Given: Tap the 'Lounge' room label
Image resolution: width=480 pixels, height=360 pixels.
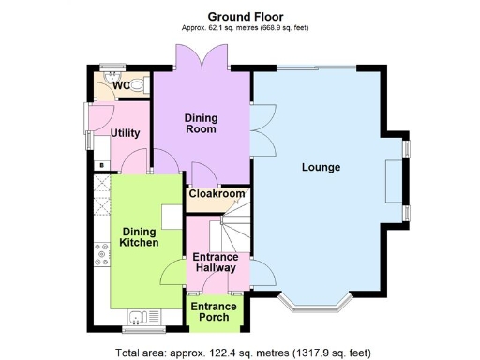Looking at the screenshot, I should (x=320, y=168).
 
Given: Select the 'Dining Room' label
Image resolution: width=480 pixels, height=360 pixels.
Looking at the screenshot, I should (x=200, y=123).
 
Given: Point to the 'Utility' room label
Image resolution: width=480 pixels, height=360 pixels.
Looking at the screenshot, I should (x=125, y=133).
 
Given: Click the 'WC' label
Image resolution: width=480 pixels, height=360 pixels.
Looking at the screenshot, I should (x=120, y=86).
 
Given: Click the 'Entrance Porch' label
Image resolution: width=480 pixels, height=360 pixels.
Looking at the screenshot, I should (x=214, y=311).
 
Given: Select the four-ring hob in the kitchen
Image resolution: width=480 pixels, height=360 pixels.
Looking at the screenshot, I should (x=100, y=253).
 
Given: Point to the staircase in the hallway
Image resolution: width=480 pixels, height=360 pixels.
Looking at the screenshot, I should (x=234, y=230).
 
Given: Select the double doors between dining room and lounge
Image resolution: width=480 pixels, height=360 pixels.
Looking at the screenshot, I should (x=258, y=130).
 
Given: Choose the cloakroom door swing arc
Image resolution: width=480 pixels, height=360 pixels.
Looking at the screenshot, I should (x=200, y=174).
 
